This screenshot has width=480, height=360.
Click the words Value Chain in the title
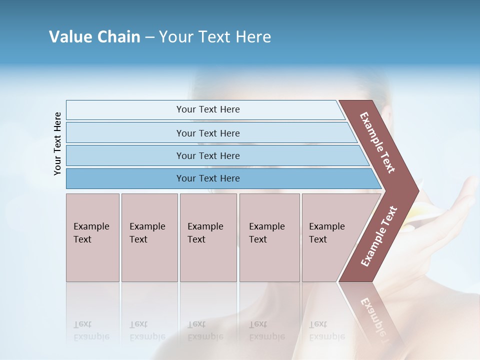point(94,37)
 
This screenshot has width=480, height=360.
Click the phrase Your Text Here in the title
point(215,37)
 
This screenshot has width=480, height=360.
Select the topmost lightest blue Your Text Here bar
point(208,109)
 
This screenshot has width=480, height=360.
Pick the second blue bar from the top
point(208,133)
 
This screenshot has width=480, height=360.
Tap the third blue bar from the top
point(208,155)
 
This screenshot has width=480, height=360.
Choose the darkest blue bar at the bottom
point(208,178)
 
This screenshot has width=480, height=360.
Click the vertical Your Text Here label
point(57,143)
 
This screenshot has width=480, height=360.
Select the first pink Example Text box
point(92,237)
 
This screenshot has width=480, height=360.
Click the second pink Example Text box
point(149,237)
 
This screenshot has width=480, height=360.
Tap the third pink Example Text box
point(207,237)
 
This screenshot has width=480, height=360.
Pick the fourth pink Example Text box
point(269,237)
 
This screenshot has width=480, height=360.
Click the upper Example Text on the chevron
point(378,142)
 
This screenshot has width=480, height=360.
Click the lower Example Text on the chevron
point(378,236)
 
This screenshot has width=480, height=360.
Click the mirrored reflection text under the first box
point(91,330)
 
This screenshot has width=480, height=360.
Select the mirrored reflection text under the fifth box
point(326,330)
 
